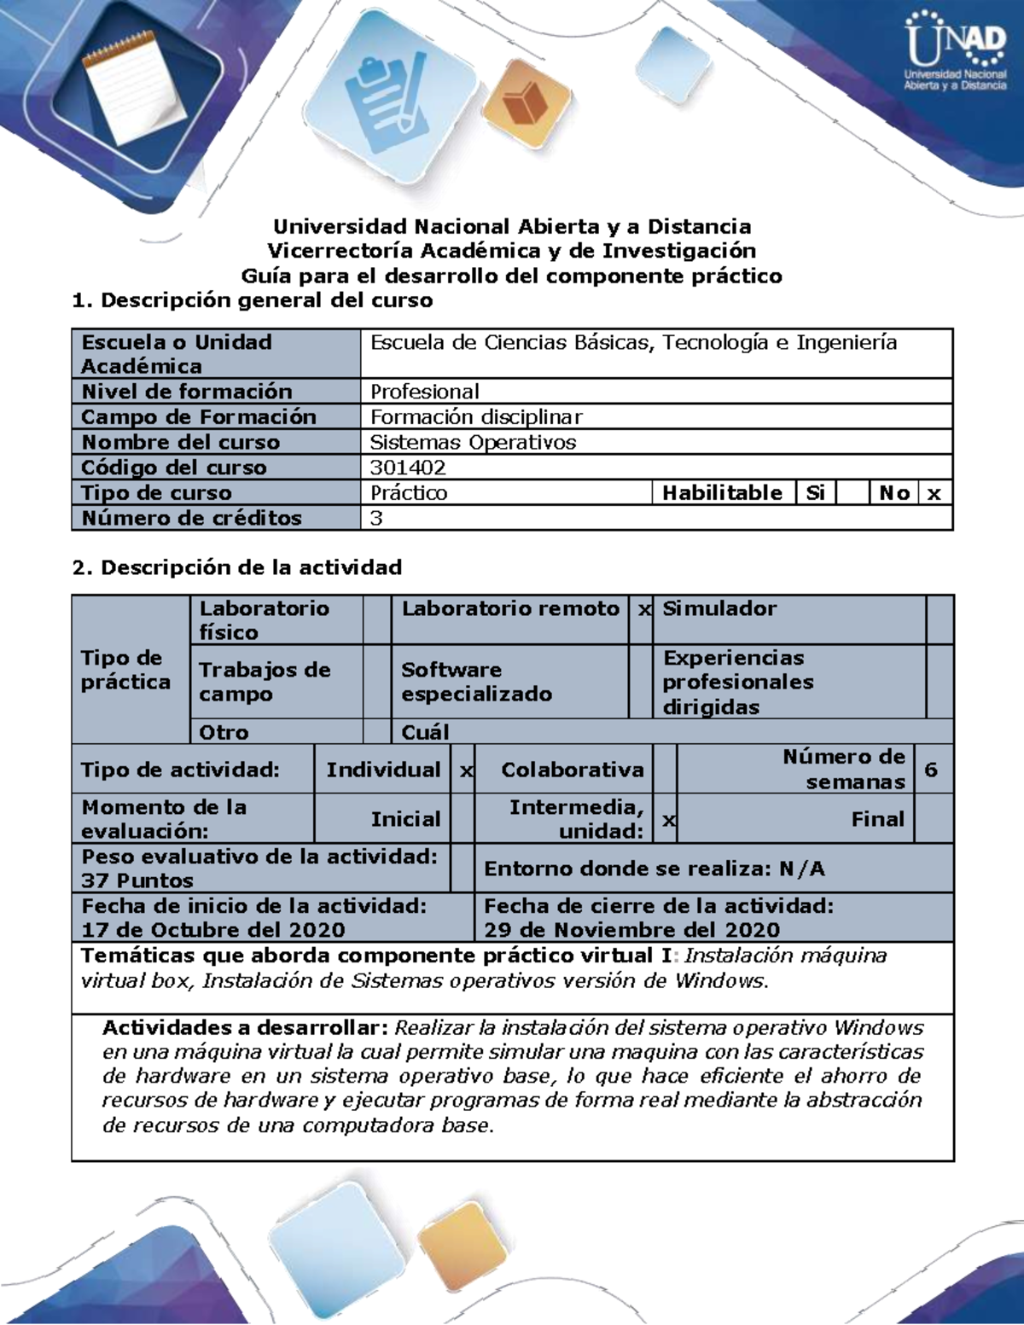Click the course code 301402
(408, 468)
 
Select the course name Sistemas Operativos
(473, 442)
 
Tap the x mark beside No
(934, 493)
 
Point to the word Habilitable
(722, 493)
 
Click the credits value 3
(376, 518)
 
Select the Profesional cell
(424, 392)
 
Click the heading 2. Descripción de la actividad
(237, 567)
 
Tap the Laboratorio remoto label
(510, 608)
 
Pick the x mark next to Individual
(466, 770)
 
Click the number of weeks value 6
(931, 770)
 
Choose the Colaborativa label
(572, 770)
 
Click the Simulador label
(719, 608)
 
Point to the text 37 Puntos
(137, 880)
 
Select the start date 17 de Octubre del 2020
(213, 930)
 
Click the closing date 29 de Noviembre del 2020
(632, 930)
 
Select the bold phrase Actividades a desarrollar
(246, 1027)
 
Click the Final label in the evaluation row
(877, 819)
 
